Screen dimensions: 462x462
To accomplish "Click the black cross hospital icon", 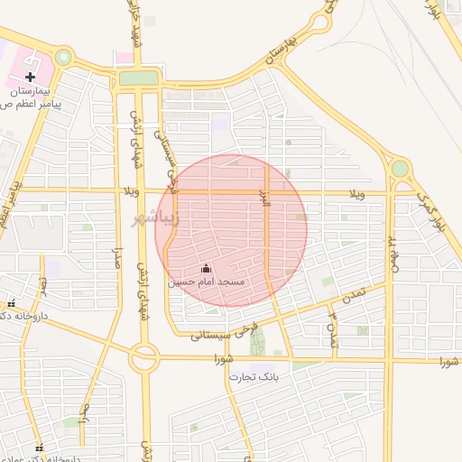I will pos(31,79).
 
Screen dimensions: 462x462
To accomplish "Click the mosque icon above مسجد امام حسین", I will pos(205,268).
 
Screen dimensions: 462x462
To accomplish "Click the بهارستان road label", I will pos(282,51).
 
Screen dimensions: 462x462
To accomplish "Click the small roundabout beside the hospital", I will pos(63,57).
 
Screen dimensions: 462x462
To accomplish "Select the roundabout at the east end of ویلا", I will pos(400,168).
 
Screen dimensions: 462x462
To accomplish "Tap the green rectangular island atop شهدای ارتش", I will pos(138,79).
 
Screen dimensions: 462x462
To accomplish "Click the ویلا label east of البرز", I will pos(356,193).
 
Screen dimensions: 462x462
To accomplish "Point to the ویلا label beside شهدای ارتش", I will pos(130,192).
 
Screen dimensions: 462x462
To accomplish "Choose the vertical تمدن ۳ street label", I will pos(332,328).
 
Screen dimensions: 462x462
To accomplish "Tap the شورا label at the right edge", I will pos(448,362).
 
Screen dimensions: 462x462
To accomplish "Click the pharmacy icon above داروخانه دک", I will pos(12,302).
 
